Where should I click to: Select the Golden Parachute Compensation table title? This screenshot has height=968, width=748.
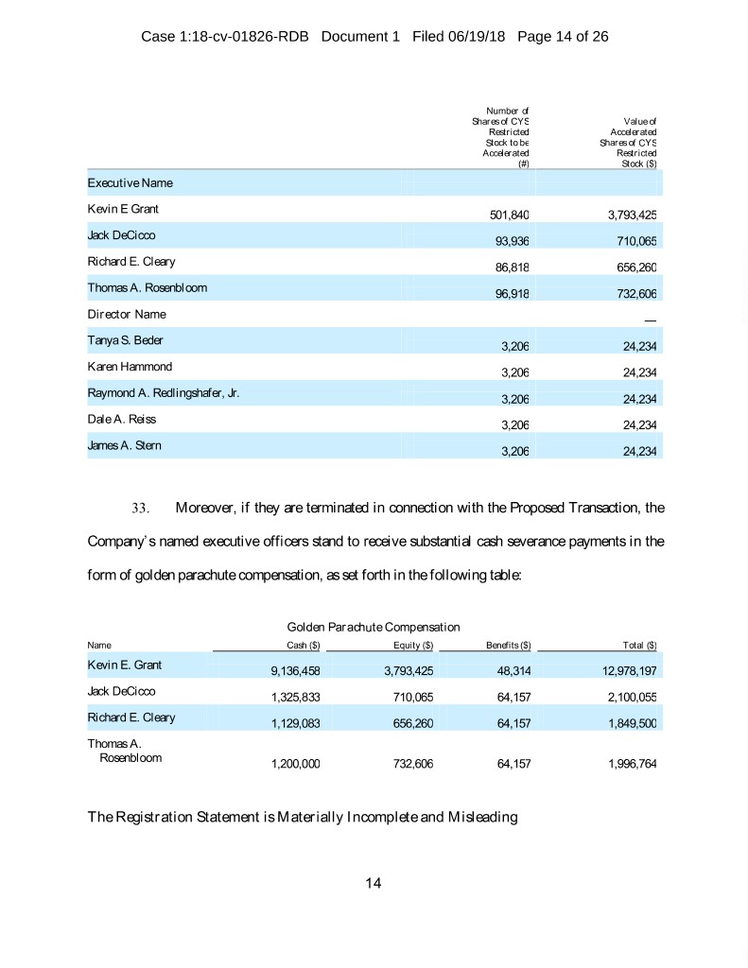point(373,627)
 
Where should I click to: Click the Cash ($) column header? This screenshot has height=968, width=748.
point(304,646)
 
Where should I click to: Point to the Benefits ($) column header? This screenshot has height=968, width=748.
point(508,646)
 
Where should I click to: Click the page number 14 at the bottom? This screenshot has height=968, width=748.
point(374,883)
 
